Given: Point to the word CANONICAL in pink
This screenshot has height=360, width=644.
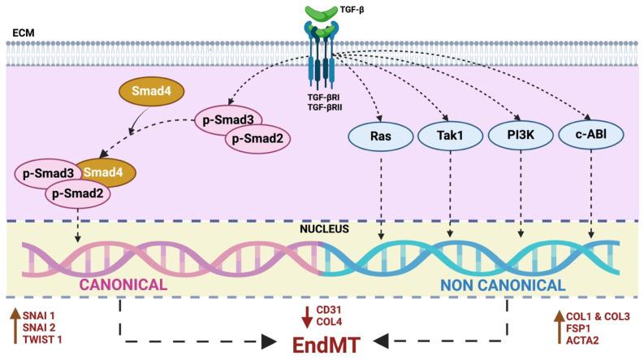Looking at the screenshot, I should pos(123,285).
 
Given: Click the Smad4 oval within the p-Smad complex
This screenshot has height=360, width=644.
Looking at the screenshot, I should pos(105,173).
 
